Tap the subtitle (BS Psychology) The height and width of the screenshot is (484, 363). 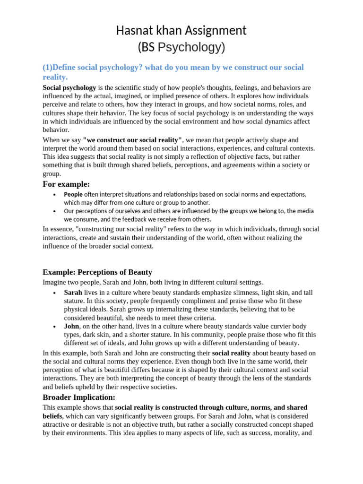181,47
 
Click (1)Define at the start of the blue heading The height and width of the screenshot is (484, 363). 60,68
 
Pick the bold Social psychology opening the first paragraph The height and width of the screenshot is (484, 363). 69,88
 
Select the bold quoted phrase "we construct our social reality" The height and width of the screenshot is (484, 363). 132,140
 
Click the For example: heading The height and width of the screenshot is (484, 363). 66,184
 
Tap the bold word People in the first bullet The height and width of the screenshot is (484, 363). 73,194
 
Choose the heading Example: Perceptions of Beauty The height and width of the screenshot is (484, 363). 97,272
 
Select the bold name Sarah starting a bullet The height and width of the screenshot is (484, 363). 73,293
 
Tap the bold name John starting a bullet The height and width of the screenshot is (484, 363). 72,327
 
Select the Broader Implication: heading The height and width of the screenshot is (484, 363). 79,397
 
